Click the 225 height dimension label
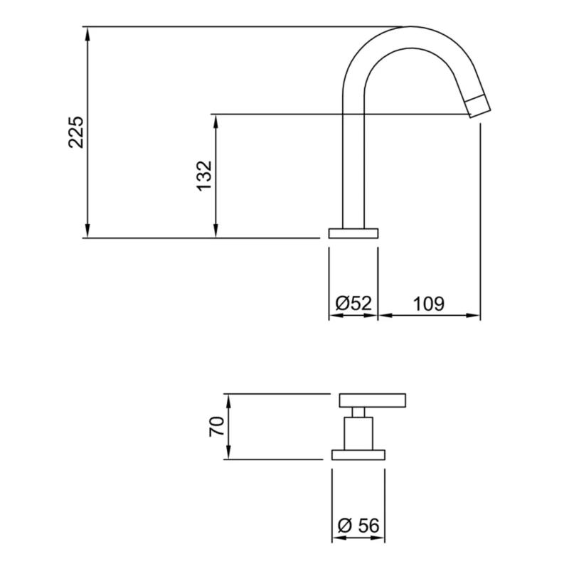point(76,132)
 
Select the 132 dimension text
point(204,175)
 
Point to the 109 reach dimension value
point(429,303)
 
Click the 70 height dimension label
point(217,426)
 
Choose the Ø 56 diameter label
point(358,526)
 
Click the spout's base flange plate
point(353,233)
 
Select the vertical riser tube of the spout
point(353,171)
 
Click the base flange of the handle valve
point(359,454)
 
